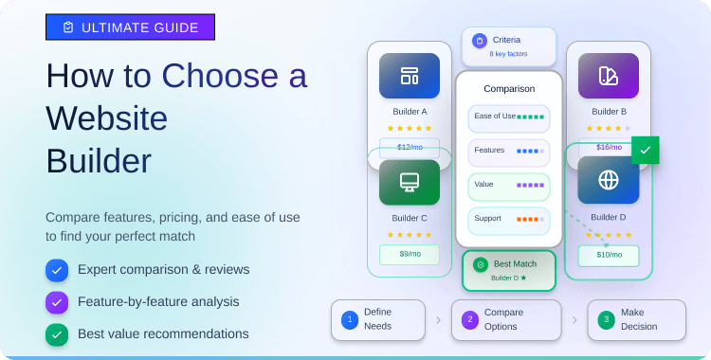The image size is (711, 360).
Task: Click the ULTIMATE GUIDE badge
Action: (x=130, y=27)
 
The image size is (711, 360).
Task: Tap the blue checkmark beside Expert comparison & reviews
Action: (x=57, y=271)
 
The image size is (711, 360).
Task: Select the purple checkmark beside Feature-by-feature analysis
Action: (x=57, y=302)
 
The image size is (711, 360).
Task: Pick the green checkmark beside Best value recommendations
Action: (x=57, y=334)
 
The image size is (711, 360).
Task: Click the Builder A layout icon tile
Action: (x=410, y=76)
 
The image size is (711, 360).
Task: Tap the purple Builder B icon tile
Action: (x=609, y=76)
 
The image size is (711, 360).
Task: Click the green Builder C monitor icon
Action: (x=410, y=182)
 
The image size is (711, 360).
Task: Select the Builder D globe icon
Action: (x=609, y=180)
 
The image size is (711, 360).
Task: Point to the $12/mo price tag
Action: (x=410, y=147)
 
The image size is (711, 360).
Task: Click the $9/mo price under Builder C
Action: (x=410, y=254)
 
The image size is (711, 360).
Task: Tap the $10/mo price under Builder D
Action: (x=609, y=255)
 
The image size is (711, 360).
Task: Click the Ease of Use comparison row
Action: (x=508, y=117)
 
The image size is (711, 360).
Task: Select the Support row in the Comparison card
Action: (x=508, y=220)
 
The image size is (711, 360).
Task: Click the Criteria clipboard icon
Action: (x=479, y=41)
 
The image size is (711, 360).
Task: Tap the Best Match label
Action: (x=515, y=264)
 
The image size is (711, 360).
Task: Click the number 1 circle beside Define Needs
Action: (x=350, y=319)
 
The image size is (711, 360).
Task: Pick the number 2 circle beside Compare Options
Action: (x=469, y=319)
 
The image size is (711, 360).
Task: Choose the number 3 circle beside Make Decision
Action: (x=606, y=319)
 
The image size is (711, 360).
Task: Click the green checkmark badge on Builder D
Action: (x=646, y=150)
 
